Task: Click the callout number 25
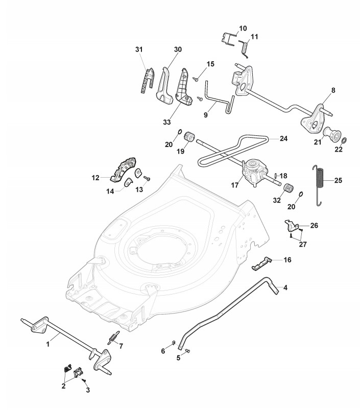[x=338, y=180]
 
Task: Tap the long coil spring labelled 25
[x=318, y=185]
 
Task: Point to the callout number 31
[x=139, y=49]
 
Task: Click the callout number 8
[x=333, y=90]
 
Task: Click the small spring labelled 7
[x=113, y=338]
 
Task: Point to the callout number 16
[x=287, y=260]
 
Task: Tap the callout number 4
[x=285, y=287]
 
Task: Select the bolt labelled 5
[x=187, y=351]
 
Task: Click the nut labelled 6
[x=173, y=343]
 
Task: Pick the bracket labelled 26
[x=291, y=225]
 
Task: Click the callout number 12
[x=95, y=178]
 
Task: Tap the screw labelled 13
[x=147, y=179]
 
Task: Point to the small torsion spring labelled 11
[x=244, y=49]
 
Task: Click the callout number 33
[x=167, y=122]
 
